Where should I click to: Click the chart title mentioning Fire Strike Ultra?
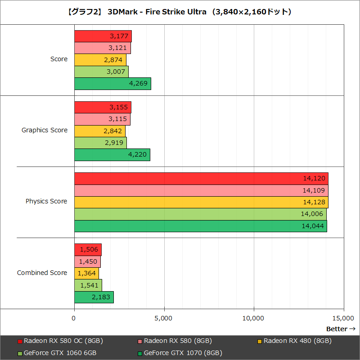(x=180, y=11)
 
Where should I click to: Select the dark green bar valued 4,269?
(x=112, y=84)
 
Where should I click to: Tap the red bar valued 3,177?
(x=103, y=36)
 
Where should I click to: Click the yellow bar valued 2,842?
(x=99, y=131)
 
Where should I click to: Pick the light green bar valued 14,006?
(x=200, y=214)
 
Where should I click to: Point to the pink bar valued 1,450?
(x=87, y=261)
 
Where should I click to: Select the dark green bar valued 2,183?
(x=94, y=297)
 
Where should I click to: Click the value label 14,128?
(x=313, y=202)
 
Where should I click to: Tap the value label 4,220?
(x=137, y=155)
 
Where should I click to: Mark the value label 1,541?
(x=89, y=285)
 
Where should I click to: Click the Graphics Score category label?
(x=45, y=130)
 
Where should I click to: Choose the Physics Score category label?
(x=46, y=201)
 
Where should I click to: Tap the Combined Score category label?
(x=42, y=273)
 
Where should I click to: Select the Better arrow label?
(x=341, y=329)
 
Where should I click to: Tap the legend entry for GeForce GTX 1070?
(x=180, y=353)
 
